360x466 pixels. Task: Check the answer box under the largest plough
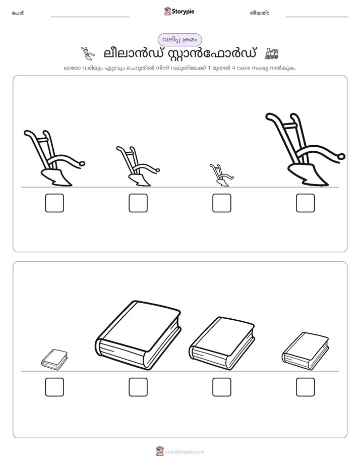[306, 203]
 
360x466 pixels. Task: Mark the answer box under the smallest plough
[221, 203]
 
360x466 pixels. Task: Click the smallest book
[54, 360]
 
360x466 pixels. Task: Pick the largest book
[138, 335]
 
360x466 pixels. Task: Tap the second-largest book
[222, 343]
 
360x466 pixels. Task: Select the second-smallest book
[306, 352]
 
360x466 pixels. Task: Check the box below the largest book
[138, 387]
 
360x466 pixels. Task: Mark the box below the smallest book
[54, 387]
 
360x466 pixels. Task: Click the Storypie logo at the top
[179, 11]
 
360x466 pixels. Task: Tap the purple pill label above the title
[179, 40]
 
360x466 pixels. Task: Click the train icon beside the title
[271, 53]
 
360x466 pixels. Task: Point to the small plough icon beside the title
[88, 53]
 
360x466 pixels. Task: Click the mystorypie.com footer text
[185, 452]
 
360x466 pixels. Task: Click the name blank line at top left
[90, 17]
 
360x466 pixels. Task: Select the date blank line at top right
[317, 17]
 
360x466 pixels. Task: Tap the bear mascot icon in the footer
[160, 451]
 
